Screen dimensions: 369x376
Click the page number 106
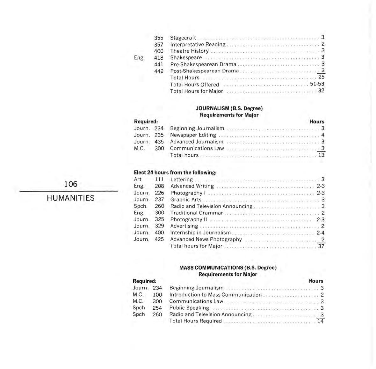click(x=70, y=184)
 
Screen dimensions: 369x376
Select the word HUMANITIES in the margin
click(x=70, y=198)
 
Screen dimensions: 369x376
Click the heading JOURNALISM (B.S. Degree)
click(x=229, y=108)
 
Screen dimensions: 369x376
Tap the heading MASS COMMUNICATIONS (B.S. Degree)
click(x=228, y=268)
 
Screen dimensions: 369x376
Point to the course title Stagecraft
click(x=183, y=38)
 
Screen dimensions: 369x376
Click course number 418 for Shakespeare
click(x=159, y=58)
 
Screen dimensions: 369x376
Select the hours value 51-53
click(x=317, y=84)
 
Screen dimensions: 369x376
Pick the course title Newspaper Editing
click(x=193, y=135)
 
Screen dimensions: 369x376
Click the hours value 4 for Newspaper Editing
click(x=323, y=135)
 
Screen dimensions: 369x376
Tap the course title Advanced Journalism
click(x=197, y=142)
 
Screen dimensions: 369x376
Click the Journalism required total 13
click(x=321, y=155)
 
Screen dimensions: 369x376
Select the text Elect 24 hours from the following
click(x=175, y=173)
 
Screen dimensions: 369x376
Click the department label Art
click(x=138, y=179)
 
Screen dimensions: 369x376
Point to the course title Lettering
click(x=182, y=180)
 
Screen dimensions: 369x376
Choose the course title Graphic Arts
click(x=186, y=200)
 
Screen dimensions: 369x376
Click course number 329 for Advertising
click(x=159, y=226)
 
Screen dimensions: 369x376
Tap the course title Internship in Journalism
click(x=200, y=232)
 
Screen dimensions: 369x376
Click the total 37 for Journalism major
click(x=321, y=246)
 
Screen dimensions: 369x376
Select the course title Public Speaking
click(x=189, y=308)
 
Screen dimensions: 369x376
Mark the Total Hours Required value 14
click(x=321, y=321)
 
